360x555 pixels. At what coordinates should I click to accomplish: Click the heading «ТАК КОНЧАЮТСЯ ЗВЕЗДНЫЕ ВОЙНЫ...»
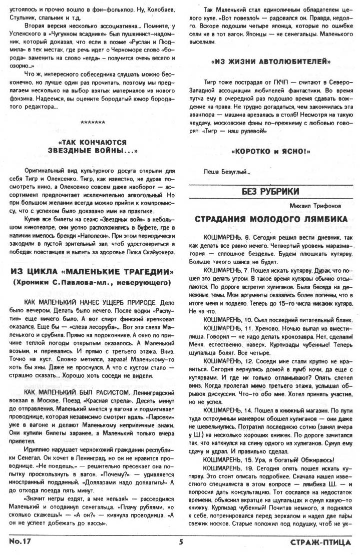tap(93, 146)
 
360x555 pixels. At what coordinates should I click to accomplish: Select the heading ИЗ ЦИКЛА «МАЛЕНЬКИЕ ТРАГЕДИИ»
tap(93, 272)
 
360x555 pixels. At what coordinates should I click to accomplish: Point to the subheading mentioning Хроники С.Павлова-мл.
tap(93, 283)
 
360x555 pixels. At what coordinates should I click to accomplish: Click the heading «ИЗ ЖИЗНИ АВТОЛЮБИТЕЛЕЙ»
tap(271, 62)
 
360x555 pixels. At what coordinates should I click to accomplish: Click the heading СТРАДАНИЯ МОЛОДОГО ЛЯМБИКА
tap(271, 219)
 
